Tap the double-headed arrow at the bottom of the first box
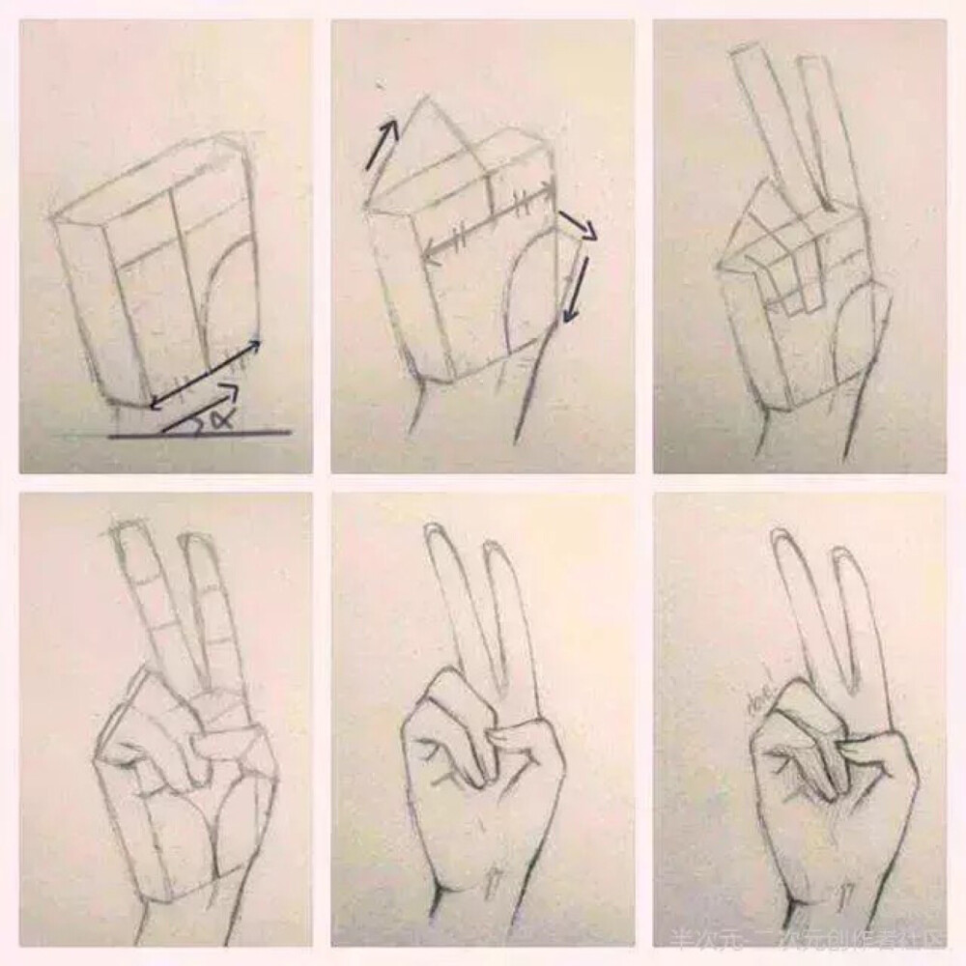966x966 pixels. [205, 373]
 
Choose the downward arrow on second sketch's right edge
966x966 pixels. [577, 285]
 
